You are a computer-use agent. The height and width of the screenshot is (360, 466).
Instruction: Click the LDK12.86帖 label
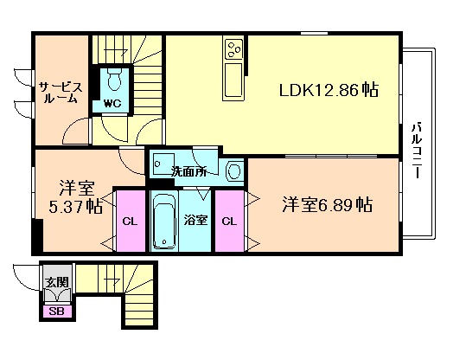point(329,89)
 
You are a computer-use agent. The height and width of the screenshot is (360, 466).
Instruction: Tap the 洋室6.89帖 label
point(327,204)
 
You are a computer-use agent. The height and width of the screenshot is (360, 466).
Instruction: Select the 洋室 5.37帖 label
point(76,196)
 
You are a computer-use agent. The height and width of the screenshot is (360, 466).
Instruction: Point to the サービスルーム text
point(61,93)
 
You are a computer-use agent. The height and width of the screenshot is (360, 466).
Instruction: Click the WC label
point(112,103)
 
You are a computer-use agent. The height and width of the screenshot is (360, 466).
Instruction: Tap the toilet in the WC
point(114,79)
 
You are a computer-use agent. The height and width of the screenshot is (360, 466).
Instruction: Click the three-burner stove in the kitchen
point(234,49)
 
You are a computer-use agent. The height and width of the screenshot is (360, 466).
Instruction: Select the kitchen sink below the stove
point(233,80)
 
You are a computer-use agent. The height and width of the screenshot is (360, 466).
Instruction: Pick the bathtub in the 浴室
point(164,221)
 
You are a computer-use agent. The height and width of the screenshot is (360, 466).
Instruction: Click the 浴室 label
point(195,221)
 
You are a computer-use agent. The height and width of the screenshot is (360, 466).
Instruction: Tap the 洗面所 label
point(188,171)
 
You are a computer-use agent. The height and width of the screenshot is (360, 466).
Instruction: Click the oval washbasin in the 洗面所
point(234,172)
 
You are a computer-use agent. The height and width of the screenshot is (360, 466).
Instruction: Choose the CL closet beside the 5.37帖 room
point(131,221)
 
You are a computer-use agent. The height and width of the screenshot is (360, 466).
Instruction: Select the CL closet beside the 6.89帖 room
point(229,221)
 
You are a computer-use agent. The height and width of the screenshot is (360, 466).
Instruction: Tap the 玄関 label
point(57,282)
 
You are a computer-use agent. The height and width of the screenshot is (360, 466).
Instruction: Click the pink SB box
point(57,312)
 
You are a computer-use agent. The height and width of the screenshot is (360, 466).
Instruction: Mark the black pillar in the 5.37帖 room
point(38,235)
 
